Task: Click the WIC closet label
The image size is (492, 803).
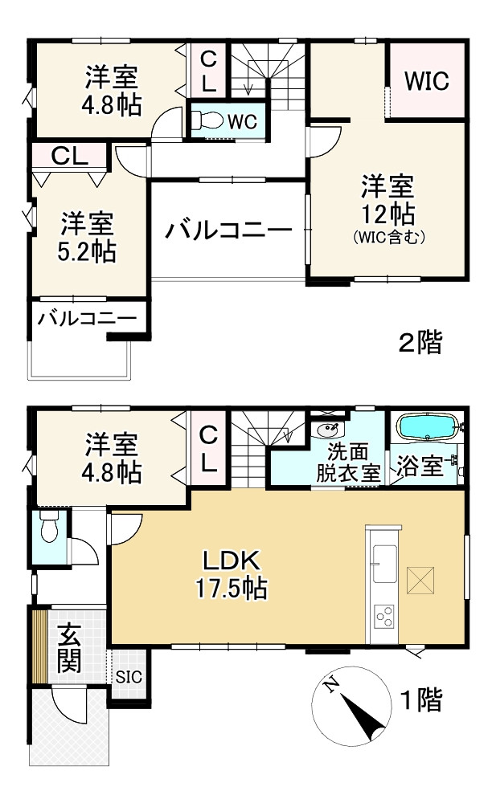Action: click(x=426, y=81)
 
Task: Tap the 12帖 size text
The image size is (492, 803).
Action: click(x=387, y=214)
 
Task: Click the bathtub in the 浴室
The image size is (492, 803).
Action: click(x=427, y=428)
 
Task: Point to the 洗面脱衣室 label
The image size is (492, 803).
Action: click(x=347, y=463)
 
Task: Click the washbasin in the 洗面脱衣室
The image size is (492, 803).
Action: click(x=328, y=427)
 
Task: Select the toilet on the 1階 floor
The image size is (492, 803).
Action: click(x=47, y=530)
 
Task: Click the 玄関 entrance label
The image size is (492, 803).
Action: click(x=69, y=648)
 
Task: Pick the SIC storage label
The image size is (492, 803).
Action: click(x=129, y=676)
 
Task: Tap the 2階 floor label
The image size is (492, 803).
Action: click(x=420, y=343)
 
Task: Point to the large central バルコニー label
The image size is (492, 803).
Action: click(x=229, y=231)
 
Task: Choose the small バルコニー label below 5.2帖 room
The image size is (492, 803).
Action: click(x=87, y=318)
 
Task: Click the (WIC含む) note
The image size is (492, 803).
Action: click(x=387, y=238)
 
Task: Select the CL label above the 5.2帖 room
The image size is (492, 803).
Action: click(x=69, y=156)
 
